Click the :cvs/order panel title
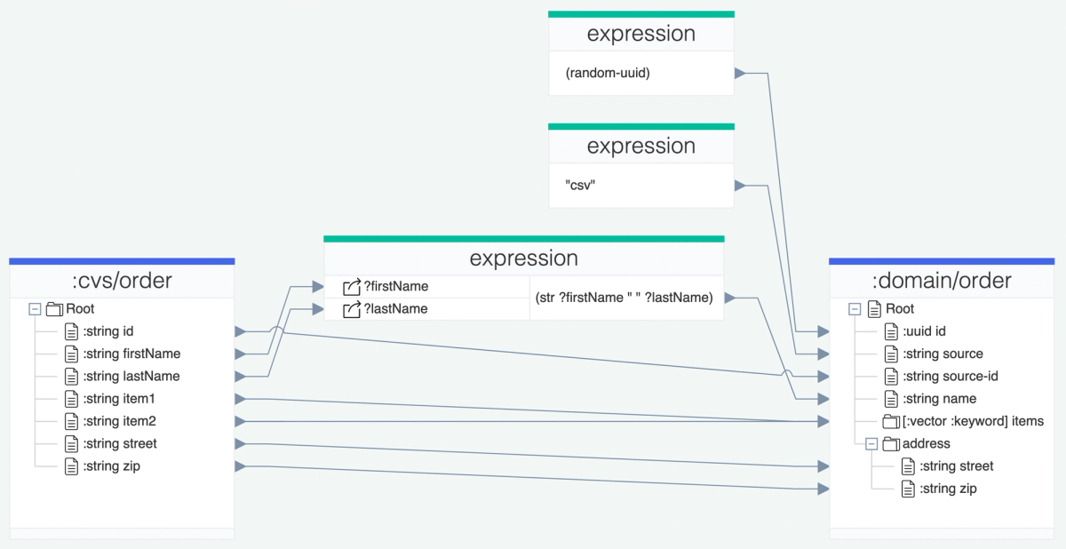122,282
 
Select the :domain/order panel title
942,282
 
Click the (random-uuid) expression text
608,73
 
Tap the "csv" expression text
580,185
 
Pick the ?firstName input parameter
396,286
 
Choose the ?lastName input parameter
395,308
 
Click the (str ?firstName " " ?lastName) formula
624,298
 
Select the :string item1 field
119,399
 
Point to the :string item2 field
119,421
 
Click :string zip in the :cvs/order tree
111,466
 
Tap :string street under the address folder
956,466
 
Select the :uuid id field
924,331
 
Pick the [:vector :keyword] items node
973,421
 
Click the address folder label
926,443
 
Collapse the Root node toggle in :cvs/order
35,309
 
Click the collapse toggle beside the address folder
871,443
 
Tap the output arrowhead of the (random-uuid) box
739,73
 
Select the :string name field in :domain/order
939,399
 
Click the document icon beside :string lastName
72,376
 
